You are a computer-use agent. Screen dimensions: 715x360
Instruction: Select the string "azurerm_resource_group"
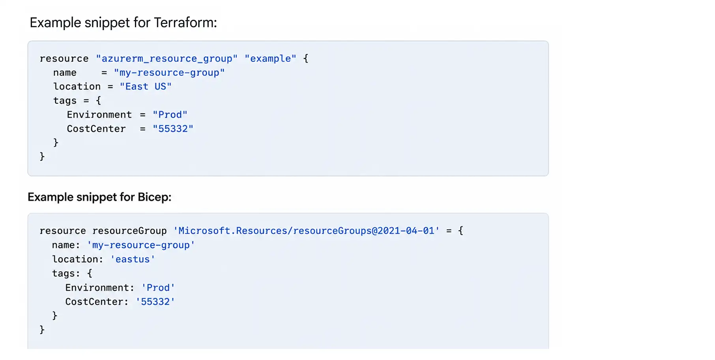pos(167,59)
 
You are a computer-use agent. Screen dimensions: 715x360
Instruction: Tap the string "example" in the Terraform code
pos(270,59)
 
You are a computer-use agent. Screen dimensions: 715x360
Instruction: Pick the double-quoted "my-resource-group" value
pos(169,73)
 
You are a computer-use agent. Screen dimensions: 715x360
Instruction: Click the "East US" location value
pos(146,86)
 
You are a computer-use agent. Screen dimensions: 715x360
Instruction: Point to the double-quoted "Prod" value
pos(170,115)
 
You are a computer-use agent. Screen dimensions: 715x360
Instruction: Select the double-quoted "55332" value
pos(173,129)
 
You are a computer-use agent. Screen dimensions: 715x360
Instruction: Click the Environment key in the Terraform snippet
pos(99,115)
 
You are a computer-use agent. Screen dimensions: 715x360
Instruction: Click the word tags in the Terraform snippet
pos(65,101)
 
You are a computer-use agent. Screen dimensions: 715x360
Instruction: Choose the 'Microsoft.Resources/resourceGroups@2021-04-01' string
pos(306,231)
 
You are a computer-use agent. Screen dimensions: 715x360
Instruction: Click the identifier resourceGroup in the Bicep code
pos(129,231)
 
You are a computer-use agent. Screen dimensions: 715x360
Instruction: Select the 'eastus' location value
pos(133,259)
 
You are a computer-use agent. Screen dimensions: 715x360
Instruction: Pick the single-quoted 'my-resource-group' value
pos(141,245)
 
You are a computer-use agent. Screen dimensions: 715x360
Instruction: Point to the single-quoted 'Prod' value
pos(158,288)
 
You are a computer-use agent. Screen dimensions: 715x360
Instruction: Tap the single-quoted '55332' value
pos(155,302)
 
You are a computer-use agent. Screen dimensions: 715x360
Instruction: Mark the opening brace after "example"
pos(306,59)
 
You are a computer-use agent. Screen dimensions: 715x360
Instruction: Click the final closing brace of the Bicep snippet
pos(42,330)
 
